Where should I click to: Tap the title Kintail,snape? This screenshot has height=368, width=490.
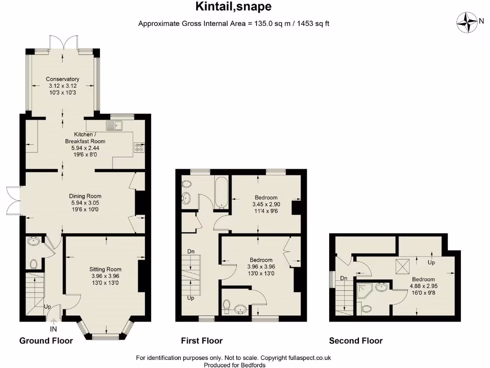(x=234, y=7)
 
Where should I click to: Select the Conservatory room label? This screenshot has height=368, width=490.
(x=63, y=86)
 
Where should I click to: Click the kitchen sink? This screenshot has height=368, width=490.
(x=115, y=126)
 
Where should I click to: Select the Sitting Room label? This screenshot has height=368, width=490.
(x=106, y=276)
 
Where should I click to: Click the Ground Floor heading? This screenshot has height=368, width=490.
(x=46, y=341)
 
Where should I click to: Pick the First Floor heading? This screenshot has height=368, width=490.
(x=201, y=341)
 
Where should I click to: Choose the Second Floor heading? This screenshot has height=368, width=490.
(x=356, y=341)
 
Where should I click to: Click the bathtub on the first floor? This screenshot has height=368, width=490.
(x=222, y=192)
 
